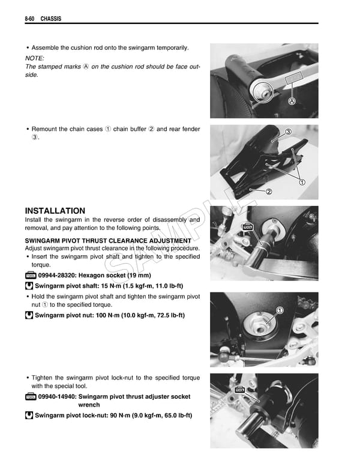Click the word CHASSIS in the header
point(50,19)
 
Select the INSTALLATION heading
point(55,211)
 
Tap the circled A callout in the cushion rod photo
point(292,101)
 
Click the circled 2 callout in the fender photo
point(269,192)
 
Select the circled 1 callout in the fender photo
point(302,182)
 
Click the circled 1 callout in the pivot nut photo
point(279,310)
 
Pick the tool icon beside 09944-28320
point(31,275)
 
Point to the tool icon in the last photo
point(241,390)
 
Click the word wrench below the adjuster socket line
point(89,405)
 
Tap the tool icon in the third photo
point(247,226)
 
